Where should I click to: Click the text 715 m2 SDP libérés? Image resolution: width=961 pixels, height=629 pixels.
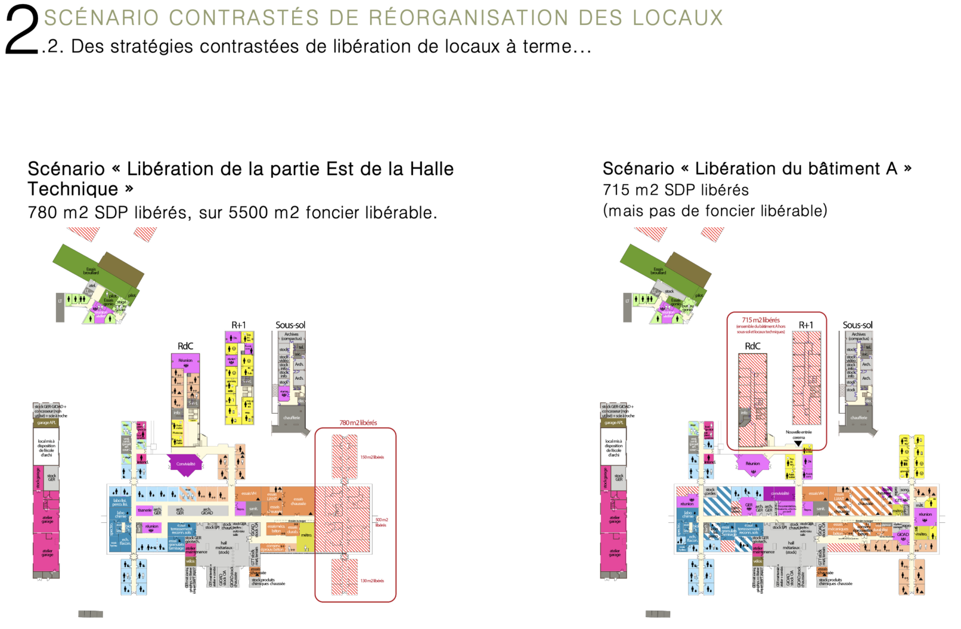[675, 190]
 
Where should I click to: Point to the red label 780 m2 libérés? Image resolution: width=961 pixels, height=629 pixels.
[358, 423]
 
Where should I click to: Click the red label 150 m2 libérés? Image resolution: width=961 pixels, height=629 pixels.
[372, 457]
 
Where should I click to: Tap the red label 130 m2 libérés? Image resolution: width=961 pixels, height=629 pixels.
[372, 581]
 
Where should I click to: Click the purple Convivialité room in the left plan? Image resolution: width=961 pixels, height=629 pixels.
[185, 464]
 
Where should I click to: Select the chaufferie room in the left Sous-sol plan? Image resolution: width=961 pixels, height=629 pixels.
[291, 418]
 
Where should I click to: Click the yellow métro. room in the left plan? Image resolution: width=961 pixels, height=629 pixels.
[306, 535]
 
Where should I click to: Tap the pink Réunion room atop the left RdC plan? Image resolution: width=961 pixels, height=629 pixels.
[185, 361]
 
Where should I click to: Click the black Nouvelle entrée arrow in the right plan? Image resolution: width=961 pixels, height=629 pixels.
[798, 443]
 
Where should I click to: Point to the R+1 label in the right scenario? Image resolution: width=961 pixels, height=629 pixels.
[805, 325]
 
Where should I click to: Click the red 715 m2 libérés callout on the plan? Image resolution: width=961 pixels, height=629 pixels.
[761, 321]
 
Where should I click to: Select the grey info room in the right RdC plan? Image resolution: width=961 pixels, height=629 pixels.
[744, 413]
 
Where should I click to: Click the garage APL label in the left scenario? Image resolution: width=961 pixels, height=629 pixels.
[46, 423]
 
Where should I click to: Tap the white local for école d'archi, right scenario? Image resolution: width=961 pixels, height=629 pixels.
[613, 448]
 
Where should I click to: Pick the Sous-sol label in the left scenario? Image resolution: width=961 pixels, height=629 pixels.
[290, 325]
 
